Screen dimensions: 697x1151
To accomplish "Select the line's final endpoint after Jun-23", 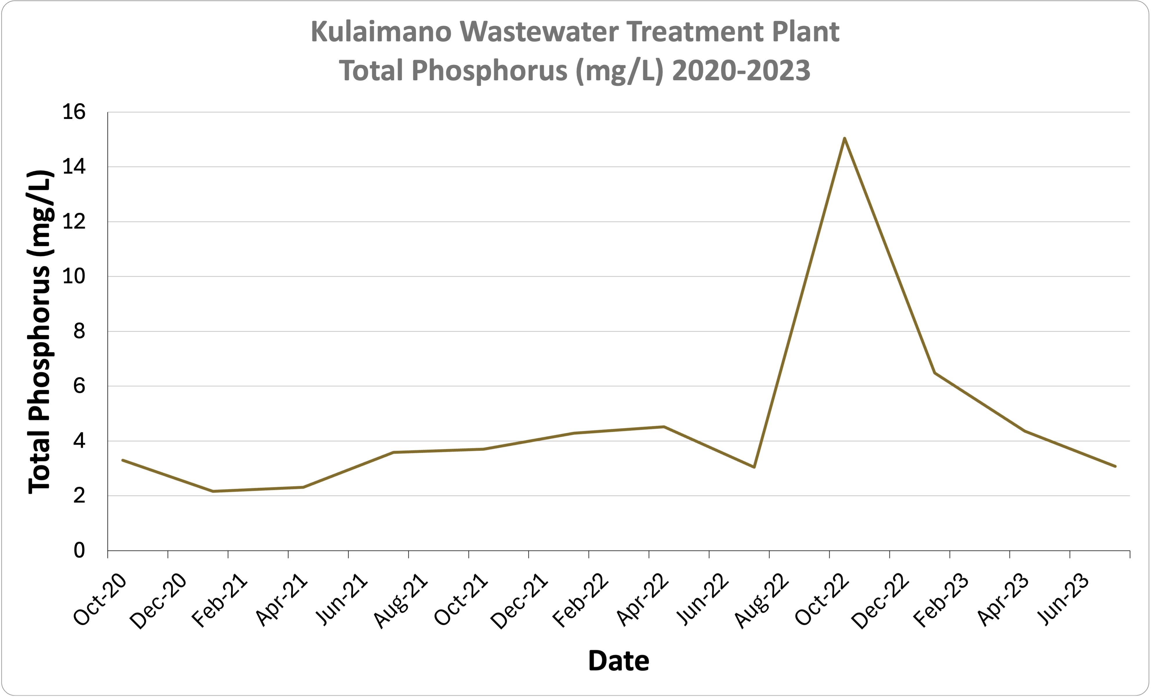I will (1115, 466).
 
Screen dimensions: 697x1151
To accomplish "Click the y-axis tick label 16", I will (74, 112).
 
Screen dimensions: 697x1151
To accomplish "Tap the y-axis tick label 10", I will (74, 276).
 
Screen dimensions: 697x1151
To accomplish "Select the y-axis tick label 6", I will (79, 386).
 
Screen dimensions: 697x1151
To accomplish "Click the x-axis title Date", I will (619, 661).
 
